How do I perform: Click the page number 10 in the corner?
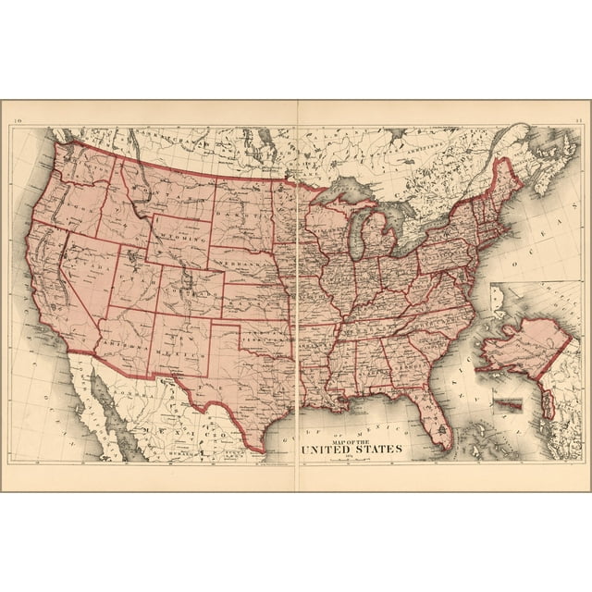17,117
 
